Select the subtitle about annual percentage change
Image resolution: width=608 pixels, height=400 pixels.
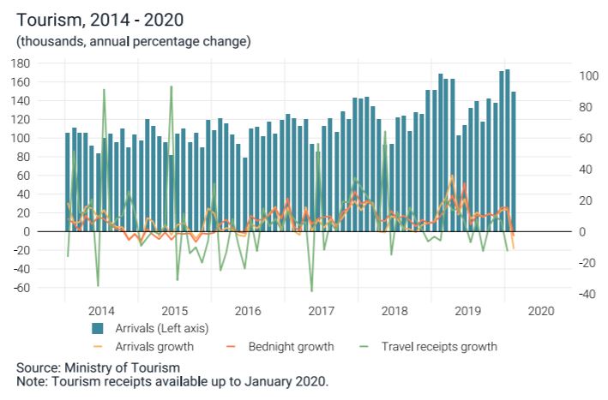133,41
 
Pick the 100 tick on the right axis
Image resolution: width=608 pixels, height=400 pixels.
587,76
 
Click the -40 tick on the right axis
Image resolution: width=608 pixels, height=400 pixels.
587,295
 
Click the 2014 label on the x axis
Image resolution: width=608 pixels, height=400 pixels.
101,311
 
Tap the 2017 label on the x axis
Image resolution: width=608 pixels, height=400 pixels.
321,311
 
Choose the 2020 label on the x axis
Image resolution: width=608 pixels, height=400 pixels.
540,311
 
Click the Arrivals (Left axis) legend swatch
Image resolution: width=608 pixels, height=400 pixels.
98,328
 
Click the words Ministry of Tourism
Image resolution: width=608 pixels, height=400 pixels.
120,367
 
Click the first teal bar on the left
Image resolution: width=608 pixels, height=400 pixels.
68,182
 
